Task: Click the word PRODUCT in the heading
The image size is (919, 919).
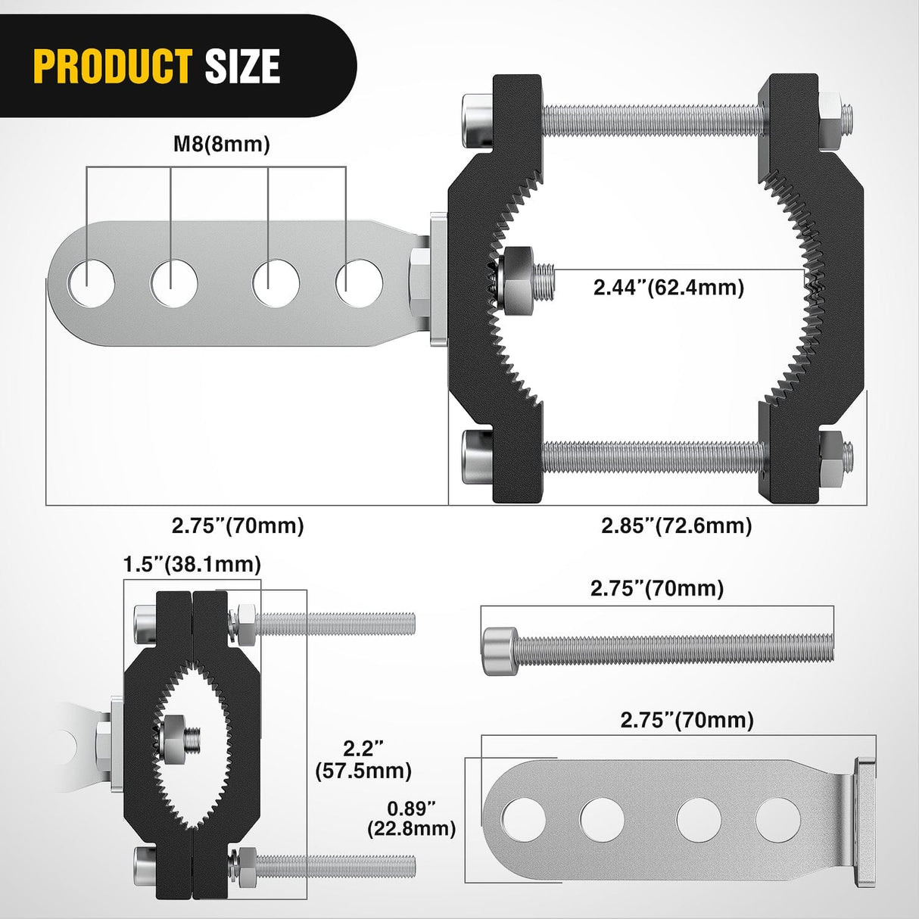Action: [112, 66]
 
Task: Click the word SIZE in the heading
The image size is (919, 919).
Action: [242, 66]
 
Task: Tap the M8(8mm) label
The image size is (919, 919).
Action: [221, 145]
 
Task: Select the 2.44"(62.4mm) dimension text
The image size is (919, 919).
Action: [668, 287]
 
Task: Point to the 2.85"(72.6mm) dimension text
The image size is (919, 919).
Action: [677, 525]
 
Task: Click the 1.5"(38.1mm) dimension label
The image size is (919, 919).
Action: [192, 564]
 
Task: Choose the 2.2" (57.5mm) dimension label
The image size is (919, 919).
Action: [364, 759]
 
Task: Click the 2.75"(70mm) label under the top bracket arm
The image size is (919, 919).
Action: [238, 525]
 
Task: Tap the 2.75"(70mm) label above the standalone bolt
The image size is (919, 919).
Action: [657, 588]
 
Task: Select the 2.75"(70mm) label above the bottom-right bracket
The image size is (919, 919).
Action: [687, 720]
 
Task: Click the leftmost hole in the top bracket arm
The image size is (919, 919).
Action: [91, 283]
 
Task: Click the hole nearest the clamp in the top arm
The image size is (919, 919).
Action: [359, 283]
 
